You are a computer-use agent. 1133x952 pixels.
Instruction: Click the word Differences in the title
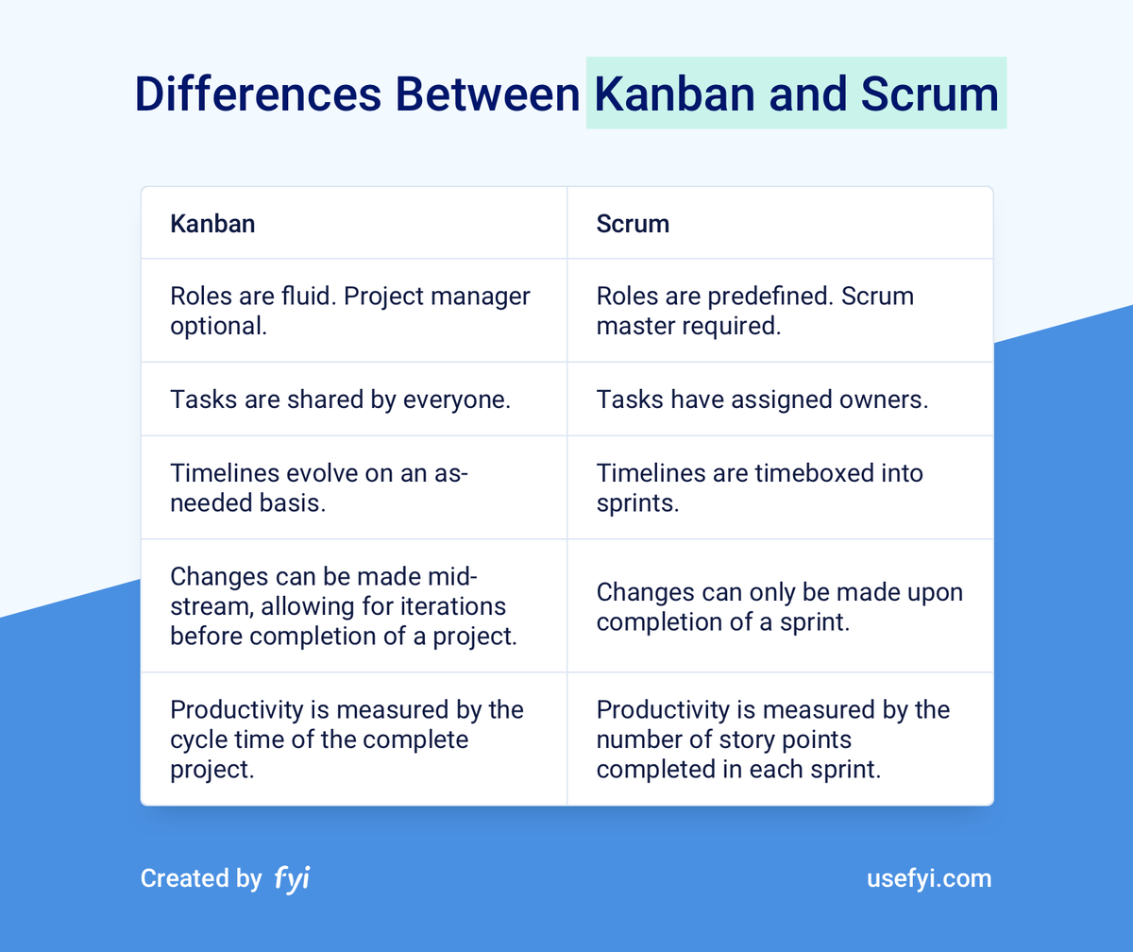coord(257,94)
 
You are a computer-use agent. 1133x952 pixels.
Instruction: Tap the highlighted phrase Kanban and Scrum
coord(796,94)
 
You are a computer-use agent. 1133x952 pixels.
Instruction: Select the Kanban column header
coord(212,224)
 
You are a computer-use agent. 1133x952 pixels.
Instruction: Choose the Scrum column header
coord(633,224)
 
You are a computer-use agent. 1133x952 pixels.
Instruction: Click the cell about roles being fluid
coord(350,310)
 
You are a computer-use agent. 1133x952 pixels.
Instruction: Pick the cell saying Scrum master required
coord(755,310)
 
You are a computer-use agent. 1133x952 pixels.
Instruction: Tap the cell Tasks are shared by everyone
coord(340,399)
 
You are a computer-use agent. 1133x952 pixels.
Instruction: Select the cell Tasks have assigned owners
coord(763,399)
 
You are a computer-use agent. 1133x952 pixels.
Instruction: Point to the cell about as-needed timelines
coord(319,487)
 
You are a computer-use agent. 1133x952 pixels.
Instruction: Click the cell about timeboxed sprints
coord(760,487)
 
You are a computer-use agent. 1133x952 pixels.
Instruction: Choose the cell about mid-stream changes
coord(344,605)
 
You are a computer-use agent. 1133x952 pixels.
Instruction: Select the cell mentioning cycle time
coord(347,739)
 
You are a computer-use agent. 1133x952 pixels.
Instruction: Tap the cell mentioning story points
coord(773,739)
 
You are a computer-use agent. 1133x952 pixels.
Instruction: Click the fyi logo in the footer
coord(292,878)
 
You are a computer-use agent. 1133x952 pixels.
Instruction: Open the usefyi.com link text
coord(929,878)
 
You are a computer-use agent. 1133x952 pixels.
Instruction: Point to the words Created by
coord(201,878)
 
